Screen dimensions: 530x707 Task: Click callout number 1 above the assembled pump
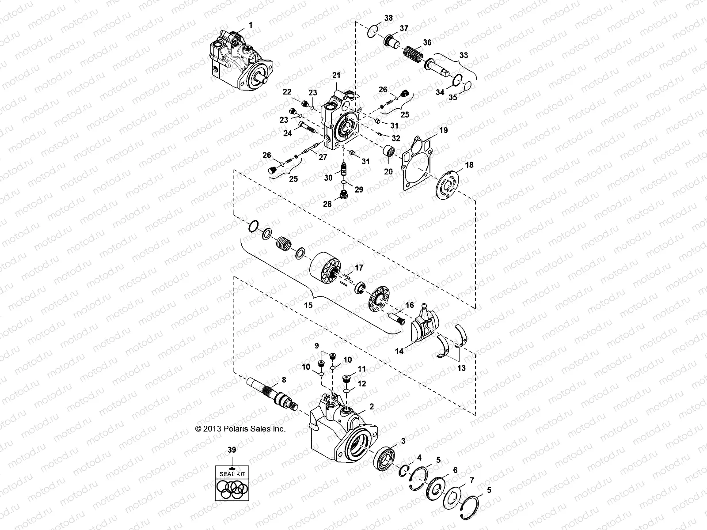(251, 25)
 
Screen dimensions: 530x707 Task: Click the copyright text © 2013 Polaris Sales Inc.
(241, 428)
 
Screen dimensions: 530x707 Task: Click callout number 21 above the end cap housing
(337, 76)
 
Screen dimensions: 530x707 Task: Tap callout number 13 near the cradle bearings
(461, 368)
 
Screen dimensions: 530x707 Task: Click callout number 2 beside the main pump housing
(372, 406)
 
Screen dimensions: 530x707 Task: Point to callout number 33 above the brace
(463, 56)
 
